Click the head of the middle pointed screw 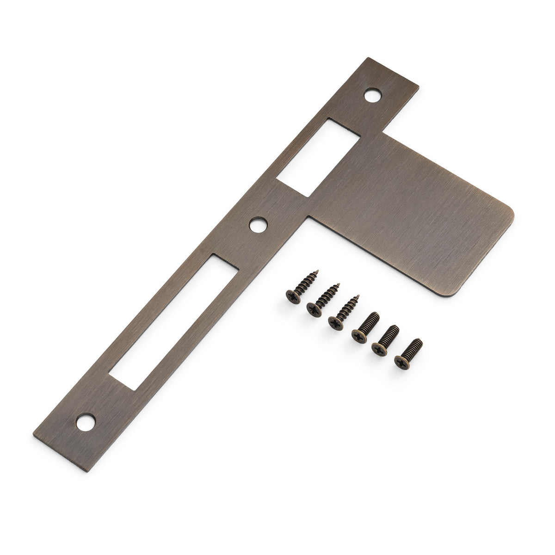[x=313, y=306]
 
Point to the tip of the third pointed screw [x=359, y=293]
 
